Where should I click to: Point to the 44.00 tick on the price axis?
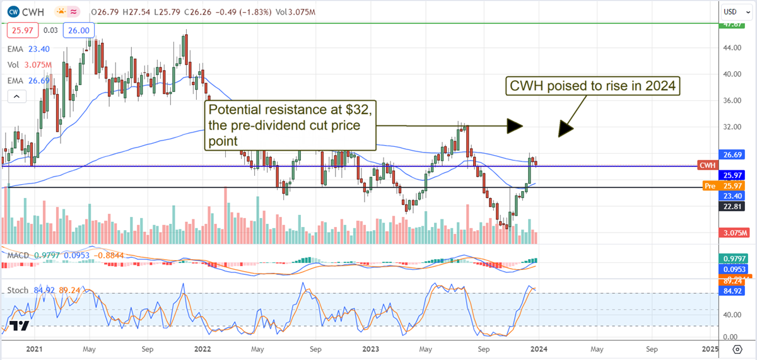click(732, 47)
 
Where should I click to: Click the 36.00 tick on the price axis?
click(732, 100)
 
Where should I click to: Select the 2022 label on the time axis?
click(203, 348)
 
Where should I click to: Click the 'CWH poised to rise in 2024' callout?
click(594, 86)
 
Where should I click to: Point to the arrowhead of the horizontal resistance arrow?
click(516, 126)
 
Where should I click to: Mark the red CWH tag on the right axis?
click(707, 165)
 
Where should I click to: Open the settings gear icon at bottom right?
click(736, 349)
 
